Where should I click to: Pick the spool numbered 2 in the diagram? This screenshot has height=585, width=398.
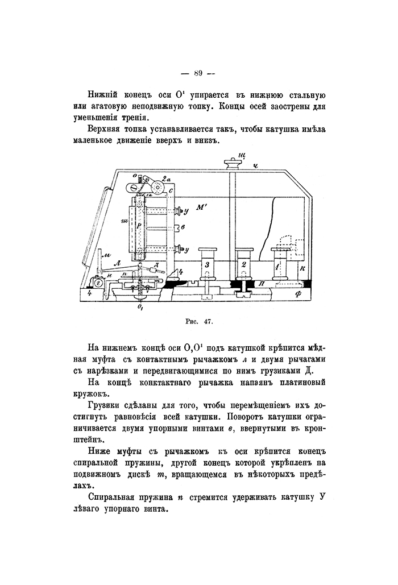pos(244,265)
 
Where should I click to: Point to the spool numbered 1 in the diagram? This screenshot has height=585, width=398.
pos(279,265)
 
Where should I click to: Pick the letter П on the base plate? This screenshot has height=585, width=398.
pos(260,282)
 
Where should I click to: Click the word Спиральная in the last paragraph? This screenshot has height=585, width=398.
pos(115,496)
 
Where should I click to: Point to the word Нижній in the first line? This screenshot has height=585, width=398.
pos(104,94)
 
